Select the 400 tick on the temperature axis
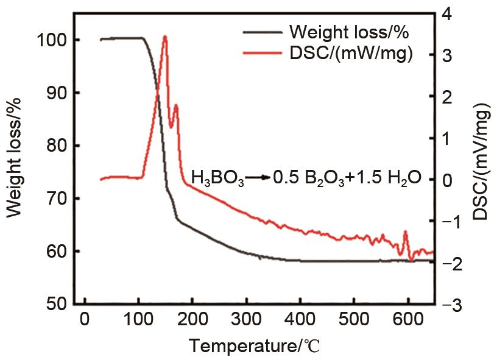click(300, 321)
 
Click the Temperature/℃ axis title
click(254, 346)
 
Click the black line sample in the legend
click(263, 31)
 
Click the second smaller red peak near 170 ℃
click(176, 105)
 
